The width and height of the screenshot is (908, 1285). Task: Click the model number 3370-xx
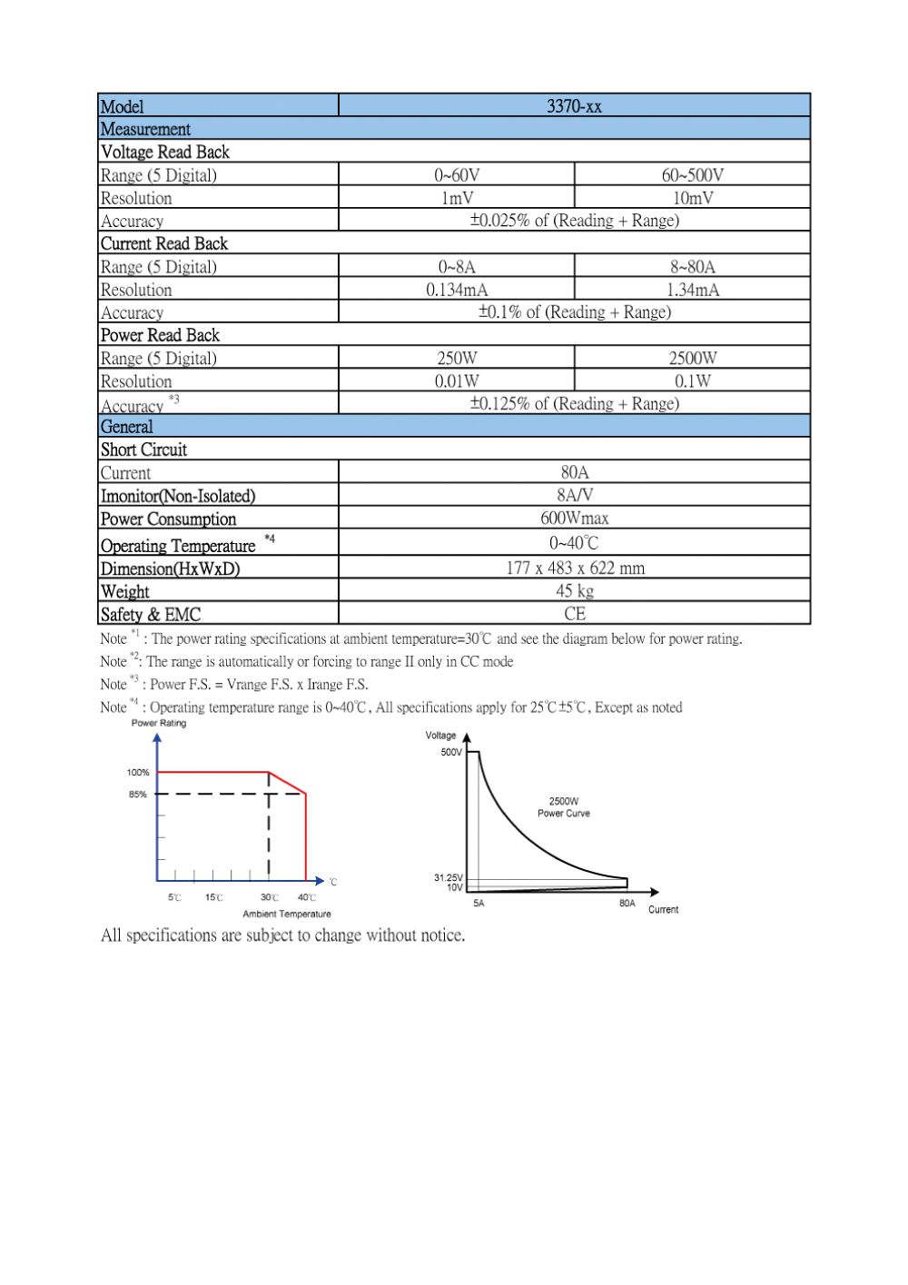point(574,106)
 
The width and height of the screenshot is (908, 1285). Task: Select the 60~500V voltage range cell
point(692,175)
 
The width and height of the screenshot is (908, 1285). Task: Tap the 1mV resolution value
point(457,198)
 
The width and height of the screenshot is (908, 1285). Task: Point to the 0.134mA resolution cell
point(457,290)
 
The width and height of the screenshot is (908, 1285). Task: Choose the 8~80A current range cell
point(692,267)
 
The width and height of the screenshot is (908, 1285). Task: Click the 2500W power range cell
point(692,358)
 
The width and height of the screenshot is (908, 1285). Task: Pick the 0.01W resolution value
point(457,381)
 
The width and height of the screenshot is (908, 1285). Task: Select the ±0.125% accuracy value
point(574,404)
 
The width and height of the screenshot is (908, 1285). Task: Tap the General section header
point(127,427)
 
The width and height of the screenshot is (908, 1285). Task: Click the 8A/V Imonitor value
point(574,496)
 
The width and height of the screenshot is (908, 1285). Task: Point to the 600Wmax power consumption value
point(574,519)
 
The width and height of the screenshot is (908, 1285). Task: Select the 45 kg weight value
point(574,591)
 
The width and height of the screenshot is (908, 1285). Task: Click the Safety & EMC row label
point(151,615)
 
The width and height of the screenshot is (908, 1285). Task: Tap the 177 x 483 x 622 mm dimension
point(574,568)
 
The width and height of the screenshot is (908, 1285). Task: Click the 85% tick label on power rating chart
point(137,795)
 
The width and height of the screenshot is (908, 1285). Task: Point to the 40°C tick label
point(307,898)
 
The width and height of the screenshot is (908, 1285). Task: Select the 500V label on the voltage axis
point(451,753)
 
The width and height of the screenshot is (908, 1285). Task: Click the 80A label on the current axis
point(627,904)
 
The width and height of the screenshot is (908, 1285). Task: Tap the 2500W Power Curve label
point(563,807)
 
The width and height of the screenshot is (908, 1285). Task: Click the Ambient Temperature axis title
point(287,914)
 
